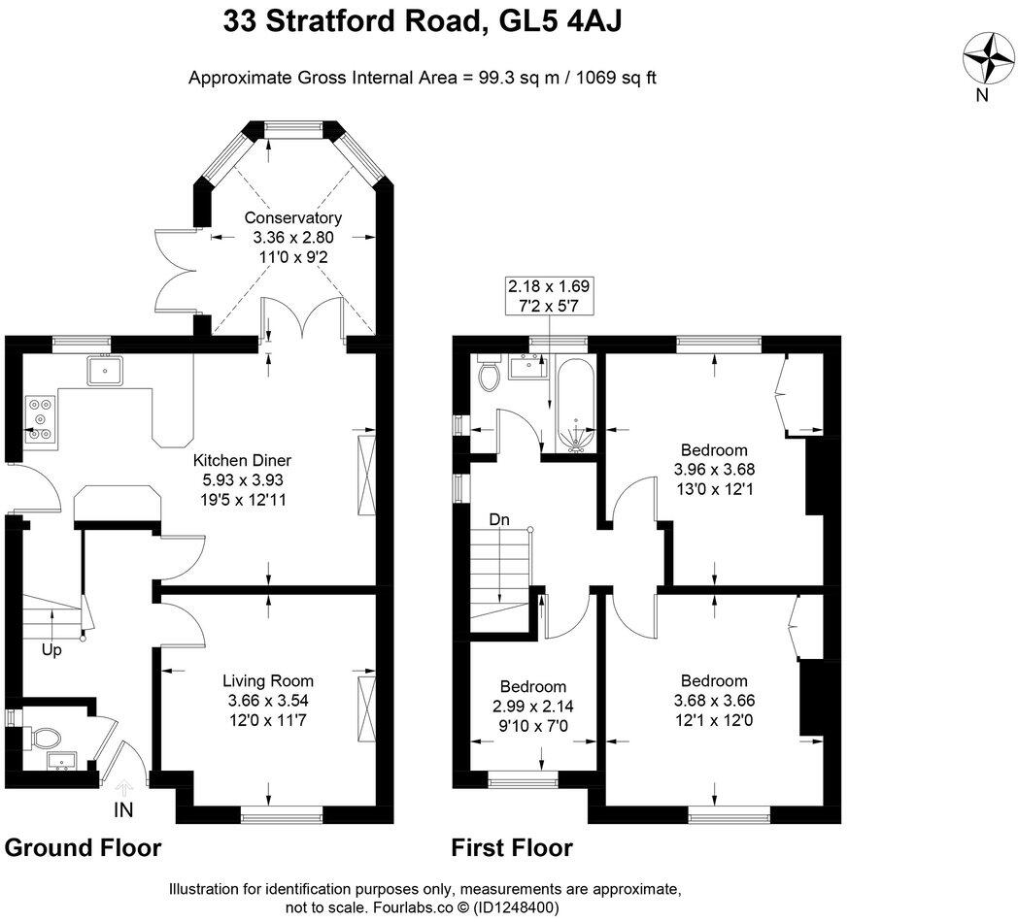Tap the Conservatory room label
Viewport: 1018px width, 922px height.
point(292,217)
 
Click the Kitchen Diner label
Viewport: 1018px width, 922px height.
point(242,460)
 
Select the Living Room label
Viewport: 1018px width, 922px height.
point(268,680)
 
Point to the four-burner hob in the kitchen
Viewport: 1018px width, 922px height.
point(39,418)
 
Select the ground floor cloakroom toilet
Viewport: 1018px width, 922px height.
point(43,739)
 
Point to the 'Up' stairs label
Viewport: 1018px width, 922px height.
point(51,650)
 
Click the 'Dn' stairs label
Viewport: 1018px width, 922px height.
point(499,520)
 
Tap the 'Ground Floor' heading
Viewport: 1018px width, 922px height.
point(83,847)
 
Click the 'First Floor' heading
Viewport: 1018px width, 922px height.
point(512,847)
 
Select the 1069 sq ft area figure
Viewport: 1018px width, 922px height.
point(617,77)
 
